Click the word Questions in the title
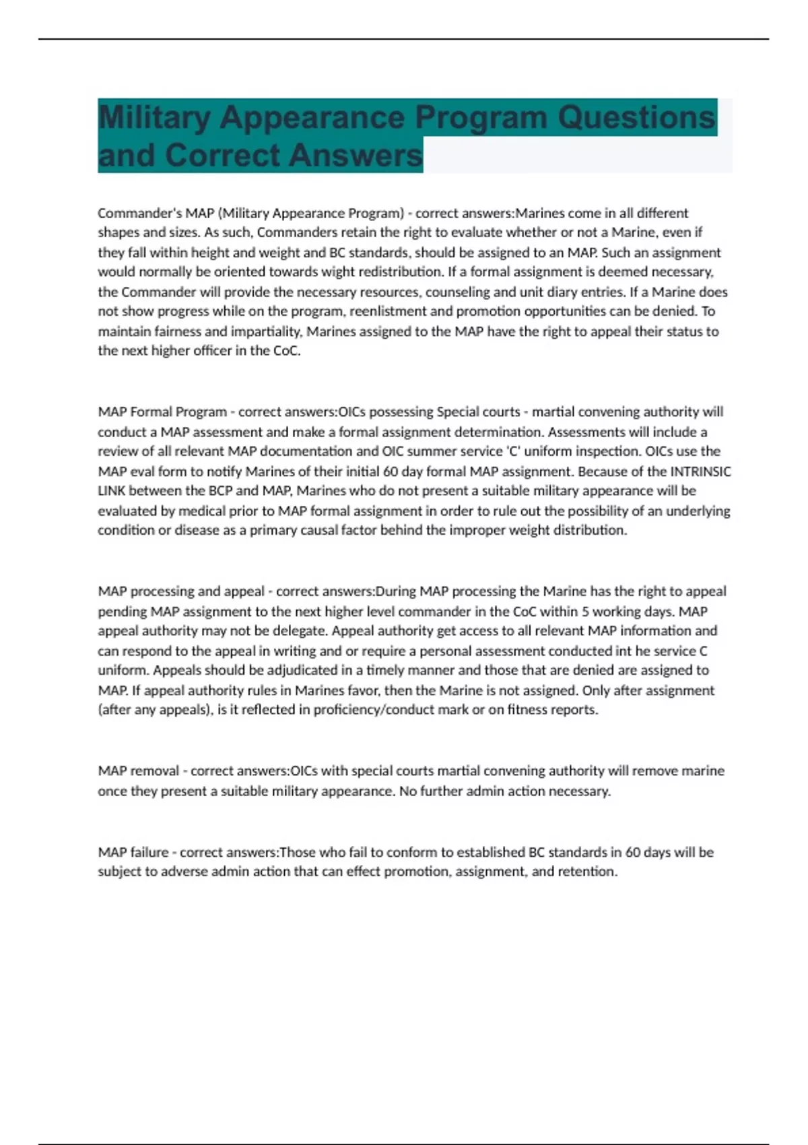point(636,118)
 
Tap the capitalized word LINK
point(112,491)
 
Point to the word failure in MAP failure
point(149,853)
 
